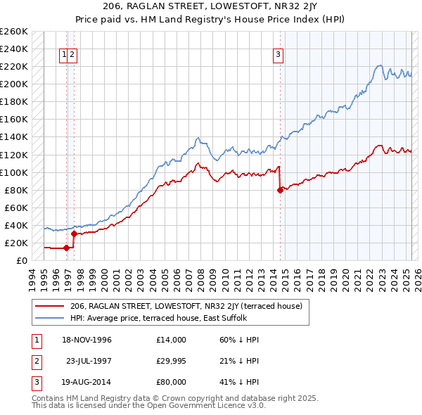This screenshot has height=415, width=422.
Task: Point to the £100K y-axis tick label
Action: (x=14, y=172)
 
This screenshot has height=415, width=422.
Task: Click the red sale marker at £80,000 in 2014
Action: (x=281, y=190)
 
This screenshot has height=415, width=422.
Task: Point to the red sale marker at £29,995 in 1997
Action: (x=74, y=234)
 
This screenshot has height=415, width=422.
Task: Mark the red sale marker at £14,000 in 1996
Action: (x=67, y=248)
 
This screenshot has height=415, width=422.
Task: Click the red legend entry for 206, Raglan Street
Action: (x=186, y=306)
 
